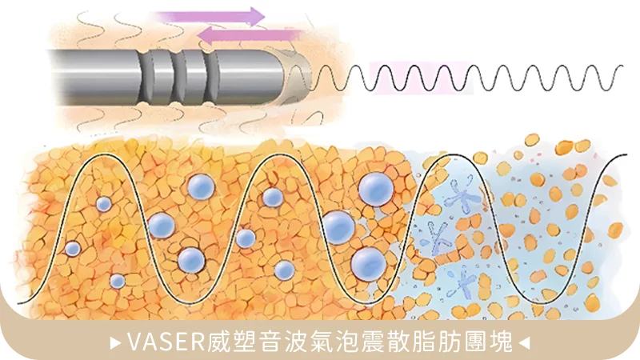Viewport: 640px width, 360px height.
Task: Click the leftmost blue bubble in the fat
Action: pos(73,249)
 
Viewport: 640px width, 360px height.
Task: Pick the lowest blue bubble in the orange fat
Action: pos(118,281)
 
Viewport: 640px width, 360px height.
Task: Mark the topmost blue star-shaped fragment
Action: pos(459,194)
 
